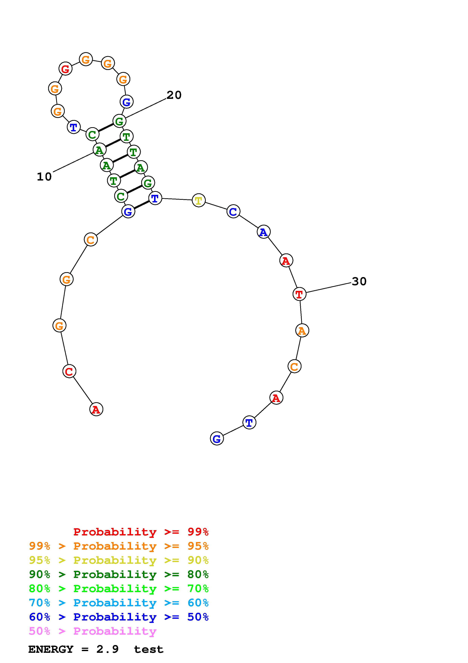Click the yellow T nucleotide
click(x=198, y=200)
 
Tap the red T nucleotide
click(x=299, y=294)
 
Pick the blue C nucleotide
click(x=233, y=211)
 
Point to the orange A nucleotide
click(x=302, y=330)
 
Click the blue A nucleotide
click(x=263, y=232)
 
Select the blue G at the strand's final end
click(x=217, y=438)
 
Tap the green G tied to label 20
click(x=119, y=121)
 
